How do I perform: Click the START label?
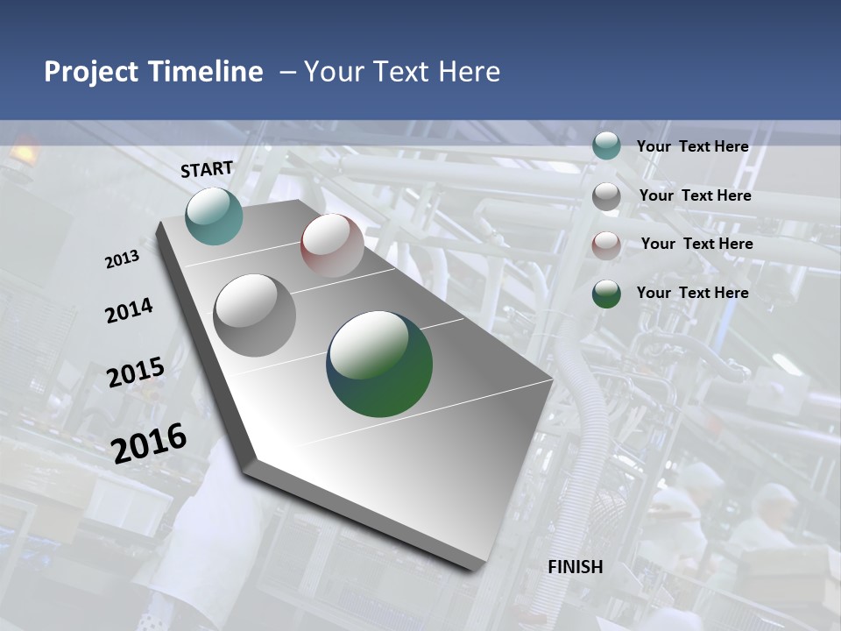(207, 169)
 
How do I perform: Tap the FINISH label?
(576, 567)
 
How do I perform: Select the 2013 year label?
(123, 259)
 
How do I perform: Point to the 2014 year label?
(130, 311)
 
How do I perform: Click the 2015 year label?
(136, 372)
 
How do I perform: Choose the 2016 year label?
(150, 443)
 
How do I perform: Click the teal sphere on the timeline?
(214, 216)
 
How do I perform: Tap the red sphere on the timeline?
(332, 245)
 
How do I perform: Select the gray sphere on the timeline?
(255, 315)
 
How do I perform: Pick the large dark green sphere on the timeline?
(379, 364)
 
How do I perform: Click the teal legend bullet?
(606, 146)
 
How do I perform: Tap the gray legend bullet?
(606, 196)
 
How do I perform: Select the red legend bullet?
(606, 245)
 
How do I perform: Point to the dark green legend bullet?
(606, 294)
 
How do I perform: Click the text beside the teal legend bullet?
(692, 146)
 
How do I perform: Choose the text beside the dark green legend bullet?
(692, 293)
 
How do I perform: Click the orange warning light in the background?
(23, 151)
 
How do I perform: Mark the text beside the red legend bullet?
(696, 244)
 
